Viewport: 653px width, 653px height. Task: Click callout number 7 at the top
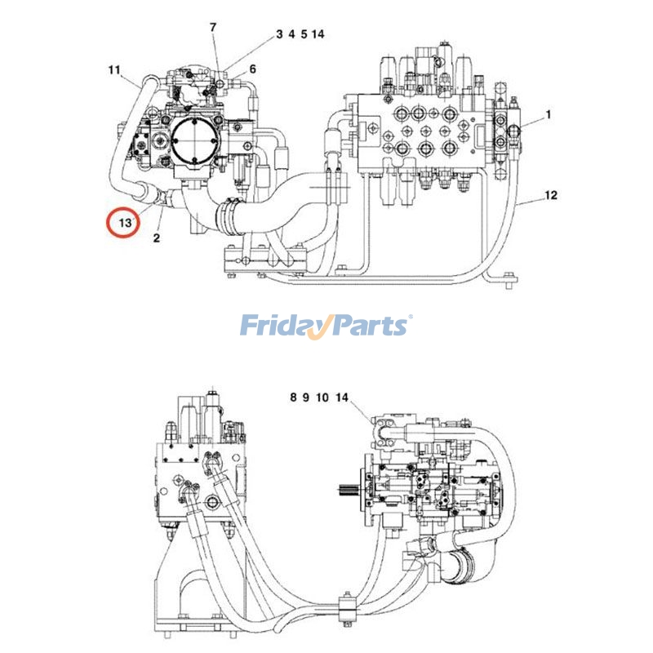tap(213, 27)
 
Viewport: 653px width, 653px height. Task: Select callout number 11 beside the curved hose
tap(114, 69)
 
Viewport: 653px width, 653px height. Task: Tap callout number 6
tap(253, 69)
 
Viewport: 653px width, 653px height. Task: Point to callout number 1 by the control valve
tap(549, 115)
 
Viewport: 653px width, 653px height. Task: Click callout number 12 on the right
tap(551, 195)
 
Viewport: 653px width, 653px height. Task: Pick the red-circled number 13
tap(124, 222)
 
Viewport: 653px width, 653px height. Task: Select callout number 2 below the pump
tap(155, 238)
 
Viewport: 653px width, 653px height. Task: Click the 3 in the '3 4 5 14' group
tap(279, 34)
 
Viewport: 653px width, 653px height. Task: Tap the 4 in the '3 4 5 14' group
tap(291, 34)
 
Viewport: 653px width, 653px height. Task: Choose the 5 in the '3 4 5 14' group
tap(304, 34)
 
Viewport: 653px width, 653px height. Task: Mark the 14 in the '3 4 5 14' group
tap(318, 34)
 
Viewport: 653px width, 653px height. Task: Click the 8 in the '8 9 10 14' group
tap(293, 398)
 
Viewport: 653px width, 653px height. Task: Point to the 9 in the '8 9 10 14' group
tap(305, 398)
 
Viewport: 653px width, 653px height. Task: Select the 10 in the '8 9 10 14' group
tap(322, 398)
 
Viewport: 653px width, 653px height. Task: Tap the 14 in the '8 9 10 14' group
tap(341, 398)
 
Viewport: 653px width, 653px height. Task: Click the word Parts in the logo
tap(366, 326)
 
